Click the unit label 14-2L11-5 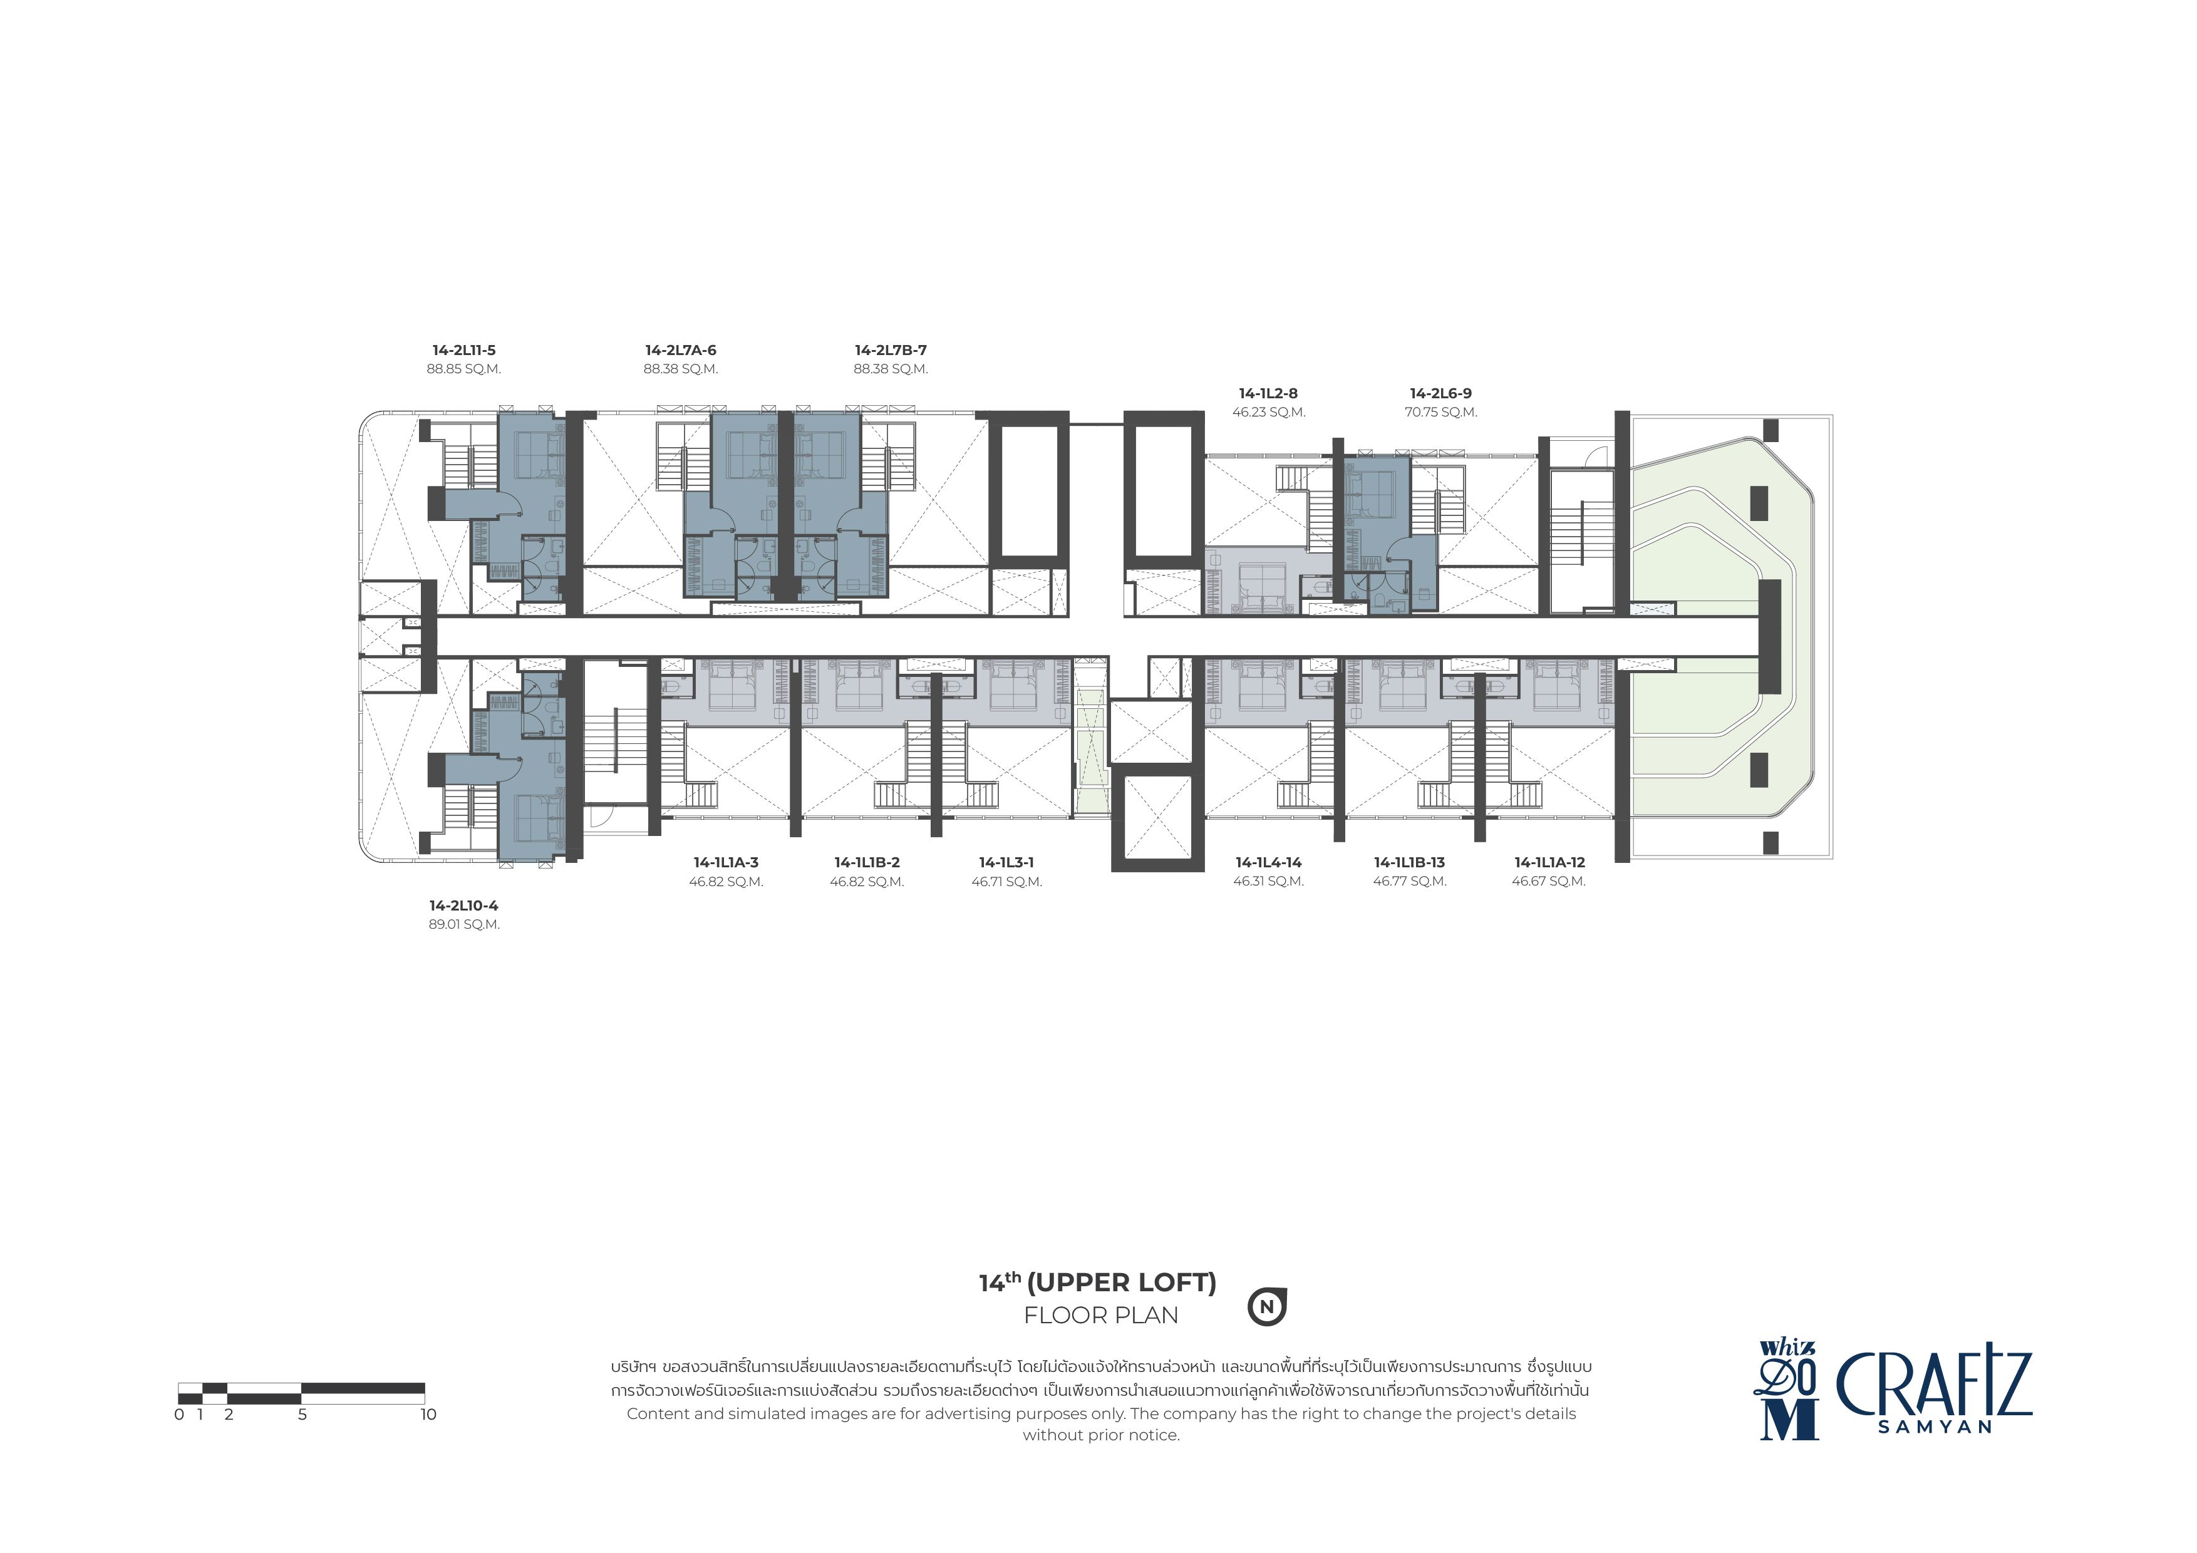(x=464, y=350)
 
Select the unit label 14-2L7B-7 (x=891, y=350)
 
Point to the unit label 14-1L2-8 (x=1268, y=393)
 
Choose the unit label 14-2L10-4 (x=464, y=905)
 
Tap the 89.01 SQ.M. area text (x=464, y=924)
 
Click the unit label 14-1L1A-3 (x=726, y=862)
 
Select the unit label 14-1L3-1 (x=1006, y=862)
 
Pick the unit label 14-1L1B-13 (x=1410, y=862)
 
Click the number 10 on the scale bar (x=428, y=1414)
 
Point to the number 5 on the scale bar (x=302, y=1414)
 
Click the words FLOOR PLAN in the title (x=1102, y=1316)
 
